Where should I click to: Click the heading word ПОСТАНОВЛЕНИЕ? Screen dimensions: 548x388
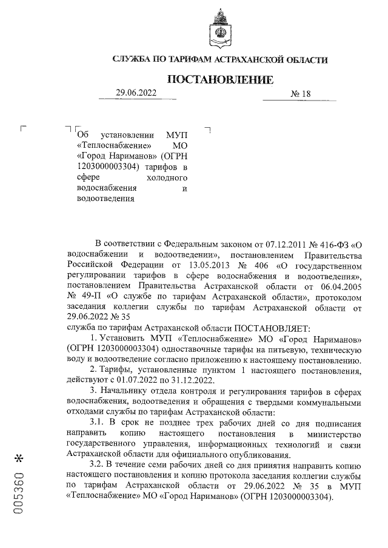click(220, 80)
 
